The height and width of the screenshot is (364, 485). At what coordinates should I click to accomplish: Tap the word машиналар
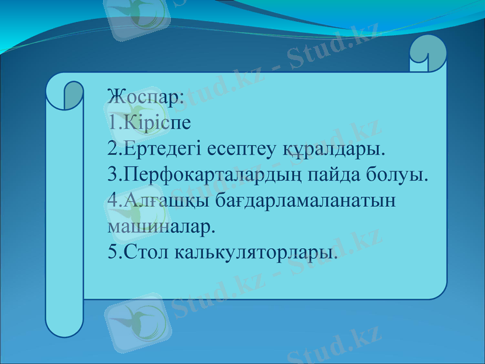coord(161,227)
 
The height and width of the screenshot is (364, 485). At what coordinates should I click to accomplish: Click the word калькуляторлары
coord(255,252)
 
